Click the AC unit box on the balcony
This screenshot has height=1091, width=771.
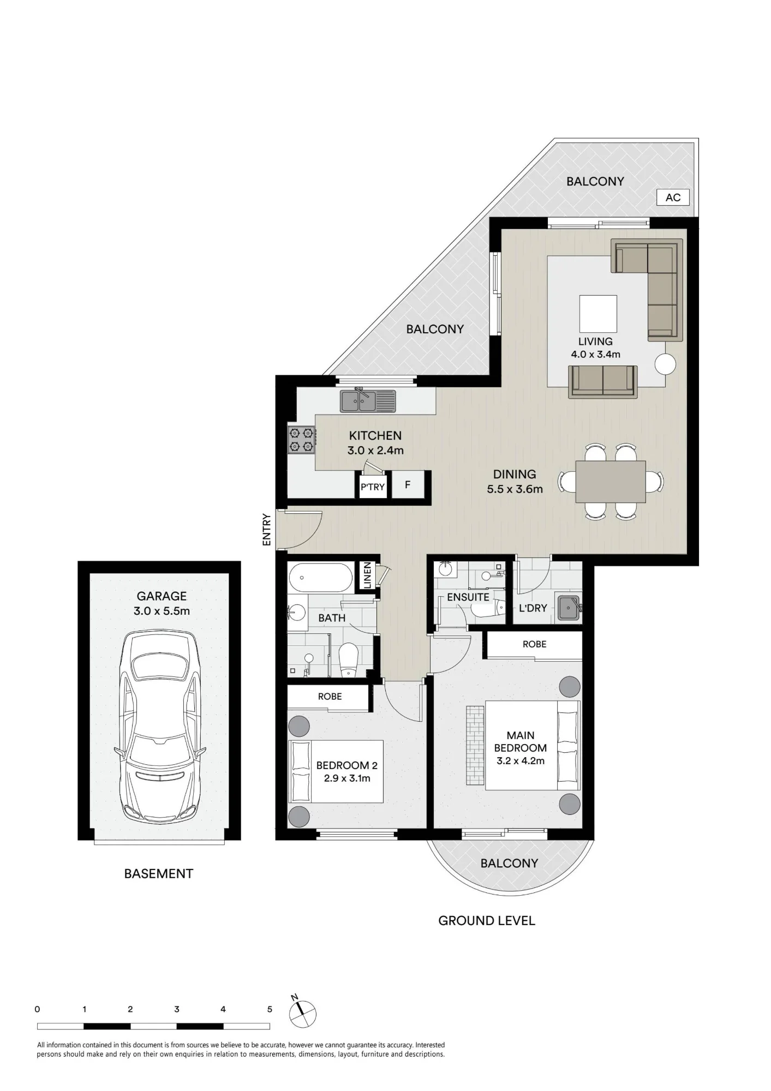pyautogui.click(x=673, y=197)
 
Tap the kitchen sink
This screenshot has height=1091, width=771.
pyautogui.click(x=368, y=401)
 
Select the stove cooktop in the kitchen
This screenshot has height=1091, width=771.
pyautogui.click(x=302, y=440)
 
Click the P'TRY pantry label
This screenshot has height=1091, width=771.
pyautogui.click(x=372, y=487)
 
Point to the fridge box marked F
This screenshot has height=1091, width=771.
pyautogui.click(x=408, y=484)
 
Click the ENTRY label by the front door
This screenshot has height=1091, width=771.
pyautogui.click(x=267, y=530)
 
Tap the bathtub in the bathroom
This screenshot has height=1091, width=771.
pyautogui.click(x=320, y=578)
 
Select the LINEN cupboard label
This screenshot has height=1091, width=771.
pyautogui.click(x=367, y=576)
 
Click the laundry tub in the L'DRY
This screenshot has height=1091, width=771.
pyautogui.click(x=568, y=607)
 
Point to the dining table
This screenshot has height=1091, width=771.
pyautogui.click(x=611, y=482)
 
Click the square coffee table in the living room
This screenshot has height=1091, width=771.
pyautogui.click(x=598, y=314)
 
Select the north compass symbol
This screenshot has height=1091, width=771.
pyautogui.click(x=302, y=1014)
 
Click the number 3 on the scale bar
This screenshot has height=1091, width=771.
pyautogui.click(x=177, y=1009)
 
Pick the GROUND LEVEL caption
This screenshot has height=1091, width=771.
pyautogui.click(x=487, y=921)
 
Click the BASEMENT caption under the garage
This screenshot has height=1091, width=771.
pyautogui.click(x=159, y=874)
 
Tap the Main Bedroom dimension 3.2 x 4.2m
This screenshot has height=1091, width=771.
pyautogui.click(x=521, y=761)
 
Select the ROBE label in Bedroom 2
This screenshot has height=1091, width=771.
pyautogui.click(x=330, y=697)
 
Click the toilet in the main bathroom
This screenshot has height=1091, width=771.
pyautogui.click(x=348, y=659)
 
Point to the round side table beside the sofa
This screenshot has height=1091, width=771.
pyautogui.click(x=665, y=364)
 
